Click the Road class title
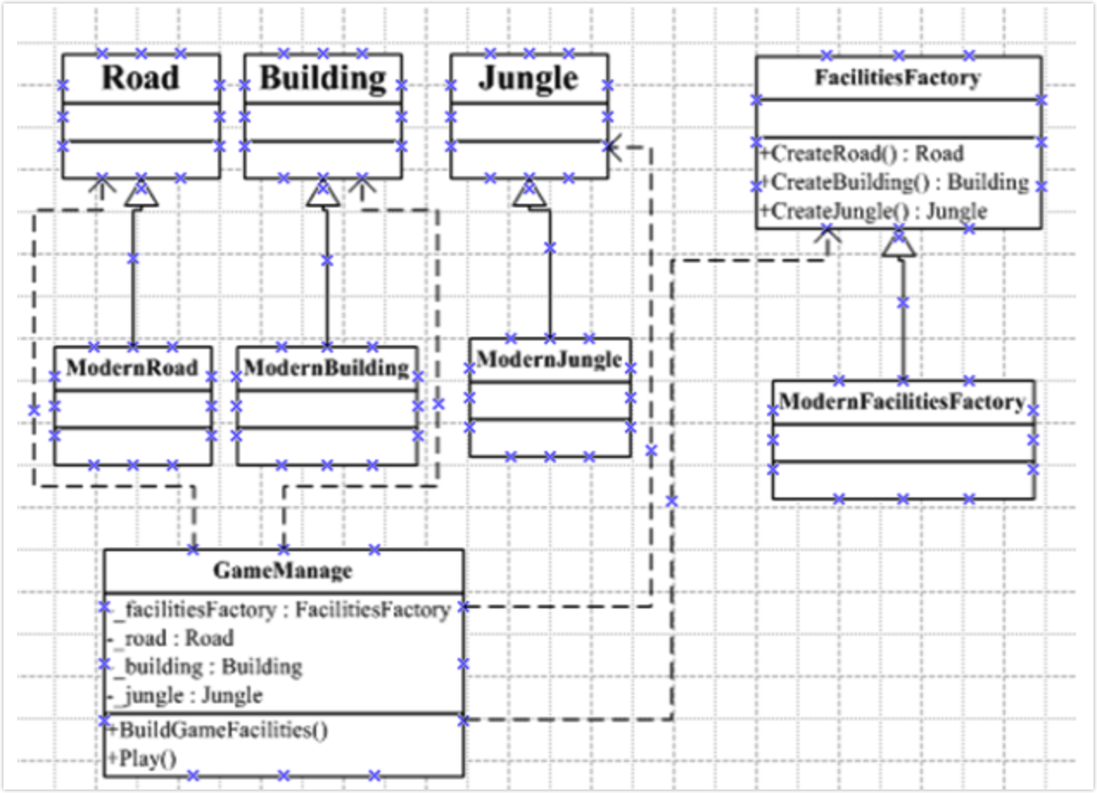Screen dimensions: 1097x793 (141, 78)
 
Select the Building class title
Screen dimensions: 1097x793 (323, 79)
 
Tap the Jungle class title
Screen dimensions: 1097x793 (529, 79)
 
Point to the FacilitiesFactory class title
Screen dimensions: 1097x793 (897, 78)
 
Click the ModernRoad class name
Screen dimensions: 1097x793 (132, 367)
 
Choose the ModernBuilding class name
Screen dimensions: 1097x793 (327, 368)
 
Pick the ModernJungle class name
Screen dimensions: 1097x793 (549, 359)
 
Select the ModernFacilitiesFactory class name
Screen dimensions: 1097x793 (902, 402)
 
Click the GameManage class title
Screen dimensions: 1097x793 (283, 571)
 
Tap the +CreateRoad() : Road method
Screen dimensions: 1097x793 (862, 153)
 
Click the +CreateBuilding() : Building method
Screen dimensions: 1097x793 (894, 182)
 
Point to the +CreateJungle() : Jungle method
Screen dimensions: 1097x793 (873, 211)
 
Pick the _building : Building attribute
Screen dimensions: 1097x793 (205, 667)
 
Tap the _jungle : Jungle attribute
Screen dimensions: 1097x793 (185, 696)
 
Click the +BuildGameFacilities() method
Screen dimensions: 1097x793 (219, 730)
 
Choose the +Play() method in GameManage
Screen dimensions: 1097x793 (143, 758)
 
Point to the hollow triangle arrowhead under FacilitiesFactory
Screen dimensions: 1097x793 (898, 243)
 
